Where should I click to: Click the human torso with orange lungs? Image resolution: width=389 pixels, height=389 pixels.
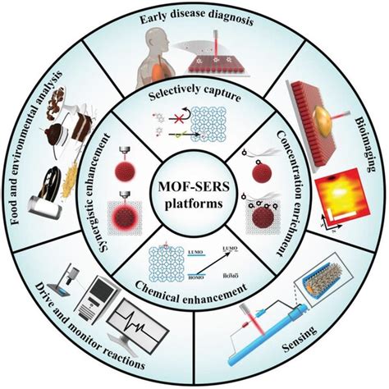point(156,66)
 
